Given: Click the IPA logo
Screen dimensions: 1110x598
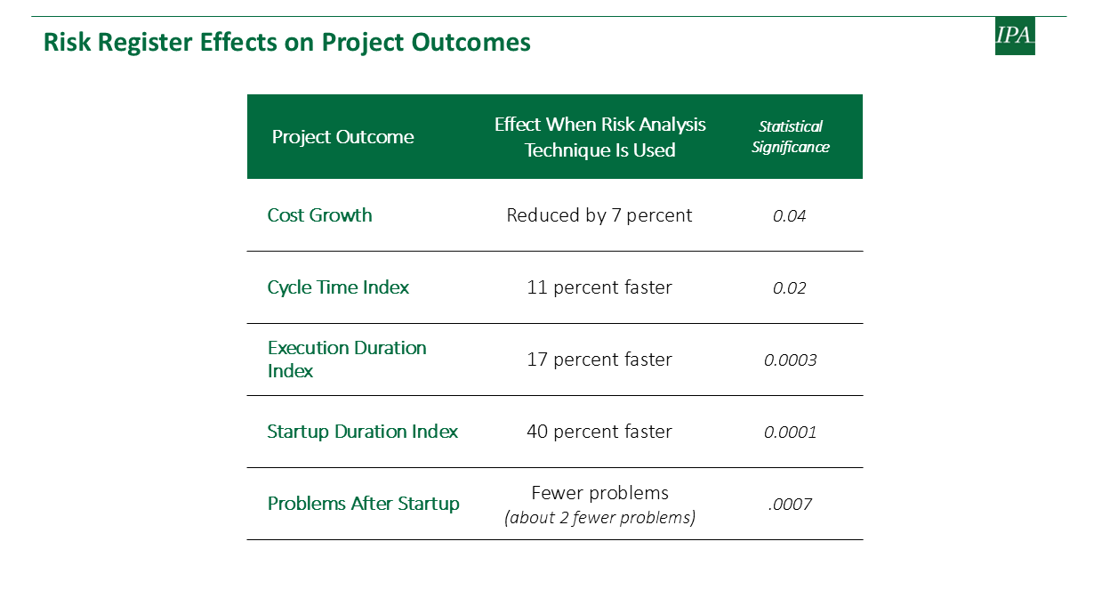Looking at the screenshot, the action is click(1015, 36).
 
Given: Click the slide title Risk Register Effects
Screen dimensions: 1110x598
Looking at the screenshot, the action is click(287, 42).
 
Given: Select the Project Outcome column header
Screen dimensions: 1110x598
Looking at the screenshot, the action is click(342, 137).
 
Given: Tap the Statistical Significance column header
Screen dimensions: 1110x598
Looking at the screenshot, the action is click(791, 137).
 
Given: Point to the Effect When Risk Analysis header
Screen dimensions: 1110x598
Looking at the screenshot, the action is click(599, 137).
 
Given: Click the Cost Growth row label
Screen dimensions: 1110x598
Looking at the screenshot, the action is click(319, 215).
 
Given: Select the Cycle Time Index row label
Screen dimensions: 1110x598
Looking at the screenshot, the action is click(338, 287).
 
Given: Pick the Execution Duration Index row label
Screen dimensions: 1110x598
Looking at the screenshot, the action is click(347, 360).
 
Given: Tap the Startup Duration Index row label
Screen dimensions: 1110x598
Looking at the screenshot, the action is click(362, 432).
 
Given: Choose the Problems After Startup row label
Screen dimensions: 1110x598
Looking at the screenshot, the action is click(363, 504).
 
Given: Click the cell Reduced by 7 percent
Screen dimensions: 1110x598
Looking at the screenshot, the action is click(599, 215).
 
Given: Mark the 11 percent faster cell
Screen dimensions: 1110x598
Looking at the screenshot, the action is click(599, 287).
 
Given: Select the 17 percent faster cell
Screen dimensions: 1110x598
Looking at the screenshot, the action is click(599, 360).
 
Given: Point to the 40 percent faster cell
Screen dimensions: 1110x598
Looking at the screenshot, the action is click(599, 432).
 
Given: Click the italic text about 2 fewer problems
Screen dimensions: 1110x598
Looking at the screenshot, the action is click(599, 518).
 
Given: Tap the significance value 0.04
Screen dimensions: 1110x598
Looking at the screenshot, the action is click(790, 216).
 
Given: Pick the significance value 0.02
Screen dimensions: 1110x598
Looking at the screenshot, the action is click(790, 288).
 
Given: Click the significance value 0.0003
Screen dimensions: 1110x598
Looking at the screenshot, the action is click(790, 360).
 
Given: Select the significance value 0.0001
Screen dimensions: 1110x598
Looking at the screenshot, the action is click(790, 432).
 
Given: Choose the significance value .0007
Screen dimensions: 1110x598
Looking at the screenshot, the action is click(790, 505).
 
